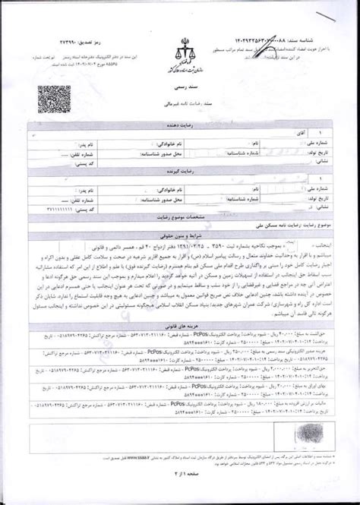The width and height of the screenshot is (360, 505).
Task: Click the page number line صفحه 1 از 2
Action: click(x=179, y=494)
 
